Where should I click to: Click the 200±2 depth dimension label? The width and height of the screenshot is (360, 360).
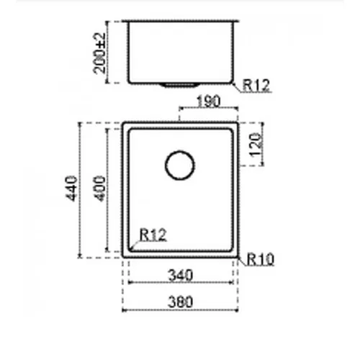(x=99, y=53)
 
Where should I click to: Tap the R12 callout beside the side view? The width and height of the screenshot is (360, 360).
(x=256, y=85)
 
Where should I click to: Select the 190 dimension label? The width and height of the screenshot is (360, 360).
(x=208, y=102)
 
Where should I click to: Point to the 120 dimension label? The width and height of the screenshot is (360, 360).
(x=256, y=145)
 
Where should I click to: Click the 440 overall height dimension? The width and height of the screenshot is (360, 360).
(x=71, y=189)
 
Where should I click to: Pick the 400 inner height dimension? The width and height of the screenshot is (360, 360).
(x=99, y=189)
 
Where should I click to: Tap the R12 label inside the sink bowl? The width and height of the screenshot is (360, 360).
(x=153, y=235)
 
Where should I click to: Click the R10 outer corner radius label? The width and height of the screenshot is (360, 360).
(x=261, y=259)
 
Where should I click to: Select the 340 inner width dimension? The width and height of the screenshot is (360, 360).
(x=181, y=275)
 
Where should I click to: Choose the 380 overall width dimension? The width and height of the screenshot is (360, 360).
(x=181, y=302)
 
